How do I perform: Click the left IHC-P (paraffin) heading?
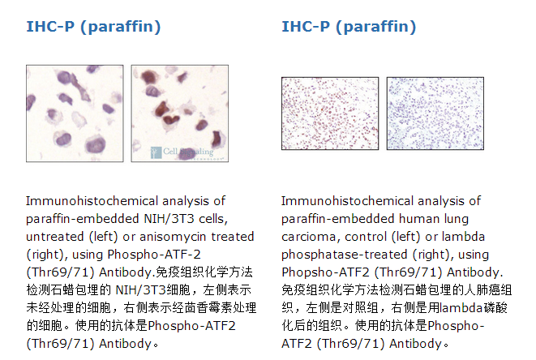[x=93, y=27]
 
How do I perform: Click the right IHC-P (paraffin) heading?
[x=349, y=27]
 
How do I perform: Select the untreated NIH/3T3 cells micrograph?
[x=75, y=114]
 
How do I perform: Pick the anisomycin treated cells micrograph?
[x=180, y=114]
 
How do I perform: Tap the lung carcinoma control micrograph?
[x=330, y=114]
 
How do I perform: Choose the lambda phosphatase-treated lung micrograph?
[x=435, y=114]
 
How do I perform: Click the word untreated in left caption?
[x=55, y=237]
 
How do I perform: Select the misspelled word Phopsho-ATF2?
[x=325, y=272]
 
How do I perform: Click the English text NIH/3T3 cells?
[x=186, y=219]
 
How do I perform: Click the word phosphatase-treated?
[x=345, y=255]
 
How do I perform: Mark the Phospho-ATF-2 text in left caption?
[x=154, y=255]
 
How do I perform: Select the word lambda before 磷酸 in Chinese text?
[x=461, y=307]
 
